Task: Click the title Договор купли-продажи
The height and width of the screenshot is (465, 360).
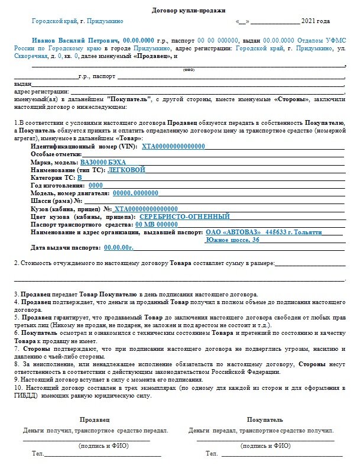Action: click(x=180, y=9)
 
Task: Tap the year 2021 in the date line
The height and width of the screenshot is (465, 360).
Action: click(x=316, y=21)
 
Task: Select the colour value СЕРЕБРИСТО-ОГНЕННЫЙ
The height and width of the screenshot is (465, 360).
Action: click(x=184, y=217)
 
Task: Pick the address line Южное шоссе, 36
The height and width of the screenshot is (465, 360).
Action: click(x=232, y=240)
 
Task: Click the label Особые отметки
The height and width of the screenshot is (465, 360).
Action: click(x=56, y=154)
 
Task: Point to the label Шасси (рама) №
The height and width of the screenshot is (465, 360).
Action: click(x=56, y=201)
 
